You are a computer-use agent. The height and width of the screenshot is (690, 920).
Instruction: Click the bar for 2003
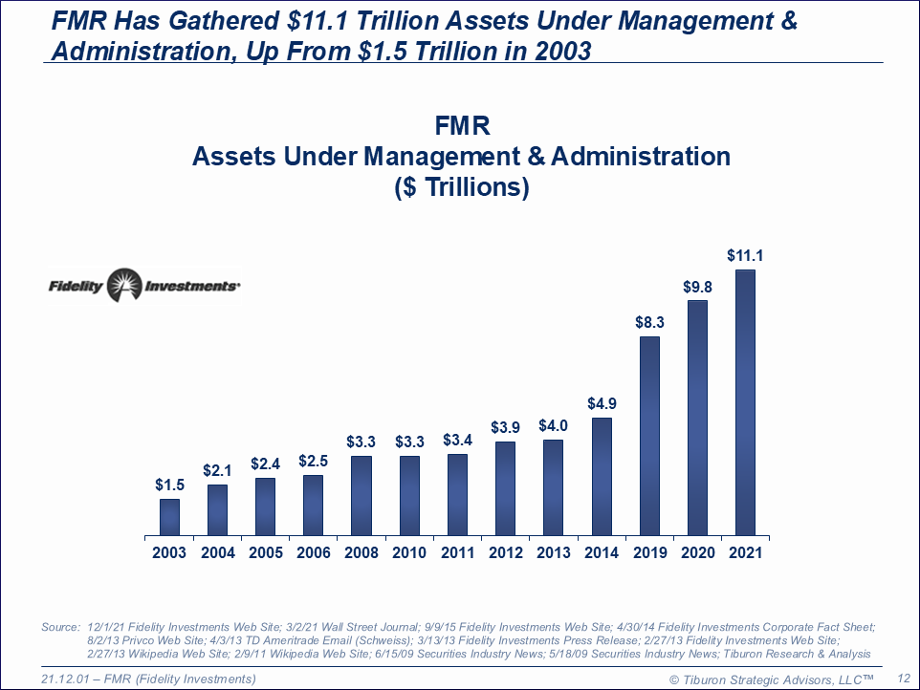click(x=169, y=516)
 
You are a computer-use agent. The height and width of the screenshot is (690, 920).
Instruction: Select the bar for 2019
click(x=649, y=435)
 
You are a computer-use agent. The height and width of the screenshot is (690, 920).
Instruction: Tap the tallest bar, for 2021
click(x=745, y=402)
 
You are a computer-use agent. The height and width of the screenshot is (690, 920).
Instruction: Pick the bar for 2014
click(x=602, y=476)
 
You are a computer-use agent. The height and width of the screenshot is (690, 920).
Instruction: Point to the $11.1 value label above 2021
click(x=745, y=255)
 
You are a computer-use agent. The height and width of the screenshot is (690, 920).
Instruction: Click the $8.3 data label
click(x=649, y=323)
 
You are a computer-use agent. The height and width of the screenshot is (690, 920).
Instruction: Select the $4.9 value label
click(x=602, y=404)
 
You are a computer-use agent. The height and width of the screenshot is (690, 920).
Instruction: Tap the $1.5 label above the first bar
click(x=169, y=485)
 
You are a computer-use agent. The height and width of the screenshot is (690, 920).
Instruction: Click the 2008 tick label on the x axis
click(x=361, y=552)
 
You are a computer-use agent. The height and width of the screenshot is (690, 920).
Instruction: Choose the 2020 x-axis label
click(x=697, y=552)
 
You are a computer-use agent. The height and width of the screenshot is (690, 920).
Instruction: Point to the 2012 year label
click(x=505, y=552)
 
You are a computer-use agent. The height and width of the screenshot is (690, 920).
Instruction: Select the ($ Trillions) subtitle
click(x=461, y=188)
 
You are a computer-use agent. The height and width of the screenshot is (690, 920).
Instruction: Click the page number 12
click(x=902, y=678)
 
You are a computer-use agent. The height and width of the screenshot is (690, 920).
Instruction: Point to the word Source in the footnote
click(x=60, y=627)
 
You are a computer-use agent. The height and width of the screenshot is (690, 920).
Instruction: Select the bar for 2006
click(x=313, y=505)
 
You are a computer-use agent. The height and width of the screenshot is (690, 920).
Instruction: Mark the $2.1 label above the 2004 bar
click(x=217, y=470)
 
